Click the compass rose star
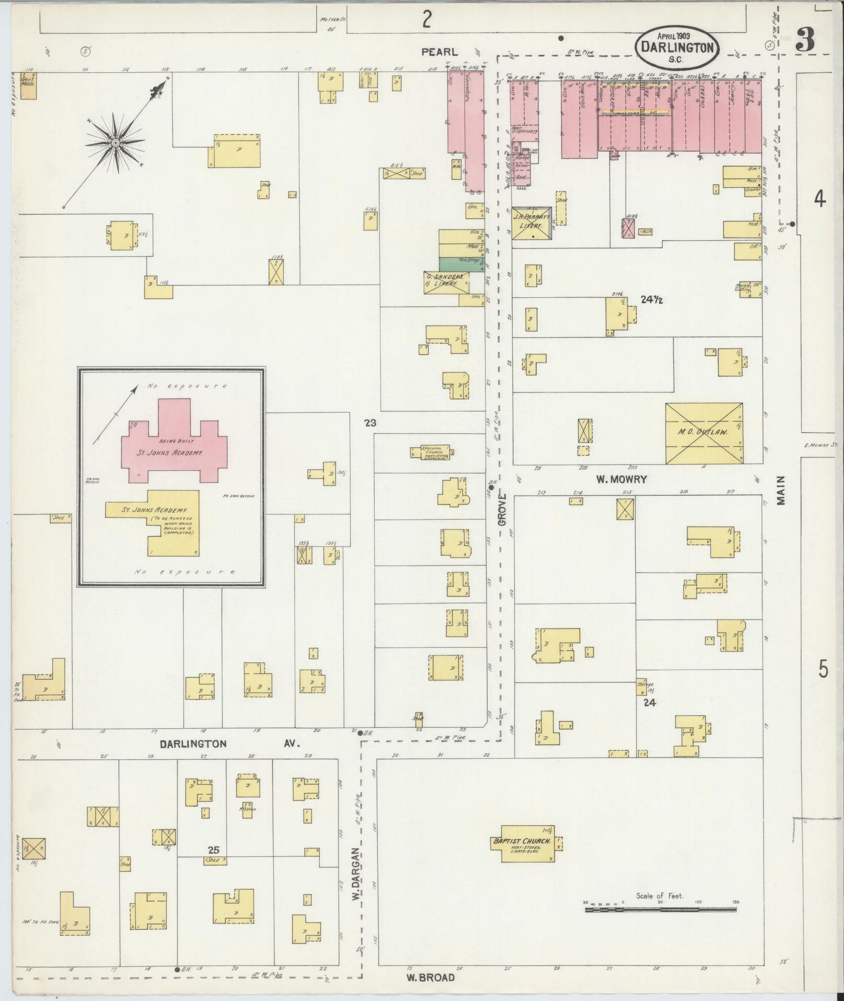(x=115, y=143)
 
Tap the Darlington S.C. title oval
(x=678, y=47)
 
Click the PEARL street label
(x=440, y=52)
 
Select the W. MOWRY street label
(x=622, y=479)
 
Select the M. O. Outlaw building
(x=704, y=433)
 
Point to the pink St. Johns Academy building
(x=174, y=442)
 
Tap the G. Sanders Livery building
(x=445, y=282)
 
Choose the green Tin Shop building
(x=461, y=264)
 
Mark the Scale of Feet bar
(x=660, y=909)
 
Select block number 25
(x=213, y=850)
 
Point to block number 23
(x=370, y=423)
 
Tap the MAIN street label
(x=781, y=490)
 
